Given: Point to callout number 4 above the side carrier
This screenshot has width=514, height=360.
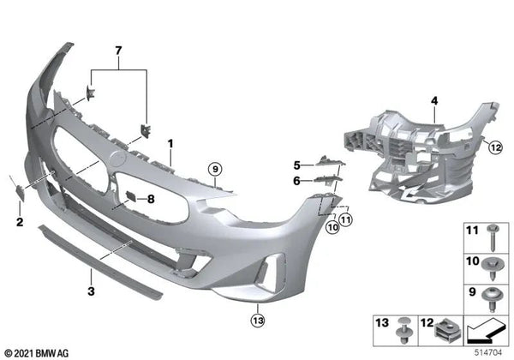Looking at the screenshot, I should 434,101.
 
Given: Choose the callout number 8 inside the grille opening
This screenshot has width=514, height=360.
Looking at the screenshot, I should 151,199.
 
